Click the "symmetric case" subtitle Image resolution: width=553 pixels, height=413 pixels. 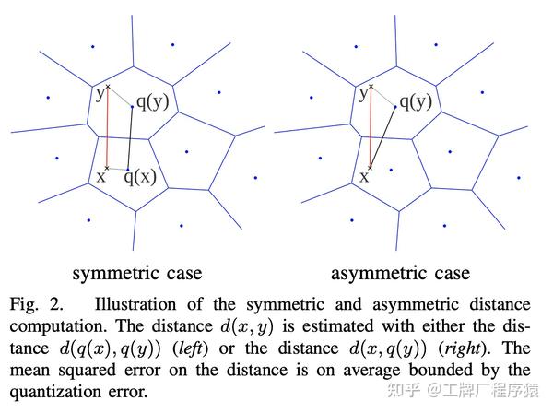(x=137, y=273)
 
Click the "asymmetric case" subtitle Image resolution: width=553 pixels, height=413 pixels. (x=401, y=273)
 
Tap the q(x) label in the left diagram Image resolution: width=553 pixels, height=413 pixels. (x=140, y=176)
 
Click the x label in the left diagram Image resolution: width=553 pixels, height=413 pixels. (x=100, y=175)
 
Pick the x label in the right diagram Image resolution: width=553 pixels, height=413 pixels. (x=363, y=175)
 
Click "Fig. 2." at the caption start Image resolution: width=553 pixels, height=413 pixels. (x=38, y=304)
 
